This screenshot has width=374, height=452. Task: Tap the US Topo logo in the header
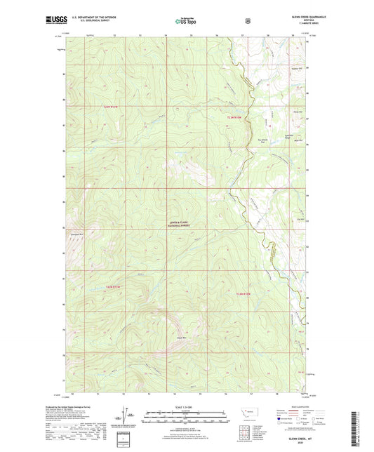point(186,21)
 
